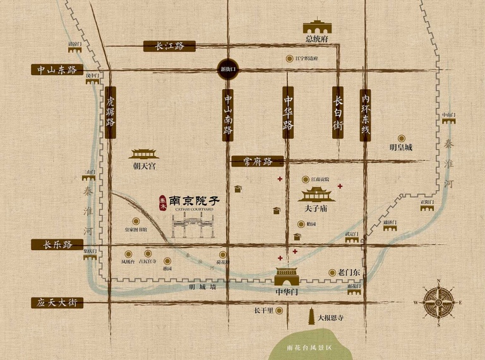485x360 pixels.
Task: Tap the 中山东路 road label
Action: click(56, 69)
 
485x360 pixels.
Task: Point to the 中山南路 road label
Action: click(228, 114)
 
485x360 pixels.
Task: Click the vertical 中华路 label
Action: click(288, 112)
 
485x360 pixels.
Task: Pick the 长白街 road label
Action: click(338, 112)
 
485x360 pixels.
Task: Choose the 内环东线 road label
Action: click(364, 114)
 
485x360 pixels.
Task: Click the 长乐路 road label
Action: click(57, 245)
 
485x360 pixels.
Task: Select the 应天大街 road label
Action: click(57, 303)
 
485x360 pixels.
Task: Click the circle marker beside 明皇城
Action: click(401, 138)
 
